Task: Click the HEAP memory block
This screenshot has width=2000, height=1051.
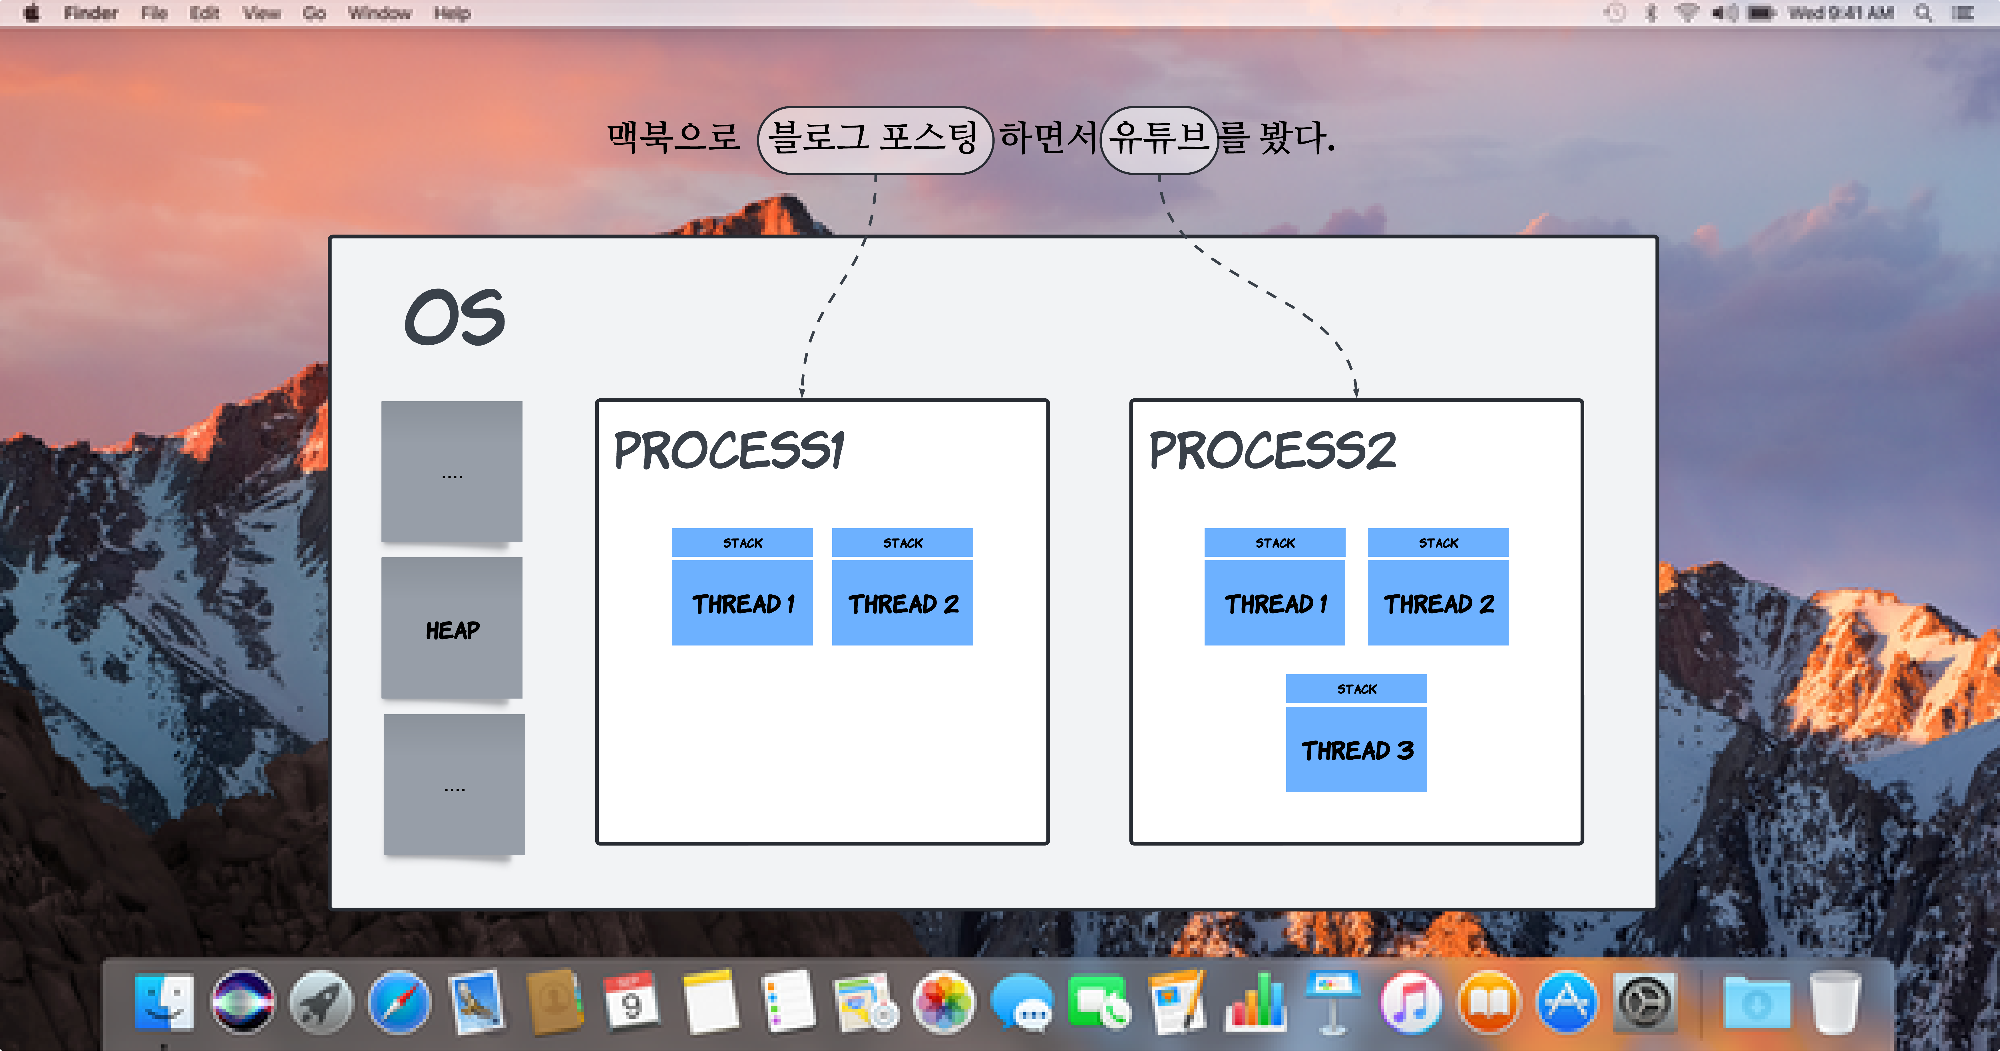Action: pos(452,629)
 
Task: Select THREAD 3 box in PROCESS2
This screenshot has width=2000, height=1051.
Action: pos(1356,749)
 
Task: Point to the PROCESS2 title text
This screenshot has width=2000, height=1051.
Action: pos(1272,450)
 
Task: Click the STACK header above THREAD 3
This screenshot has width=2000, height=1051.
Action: pos(1356,689)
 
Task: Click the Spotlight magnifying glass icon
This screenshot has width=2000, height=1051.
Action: pos(1923,13)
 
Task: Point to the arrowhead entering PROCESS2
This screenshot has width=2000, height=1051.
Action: pos(1356,392)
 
